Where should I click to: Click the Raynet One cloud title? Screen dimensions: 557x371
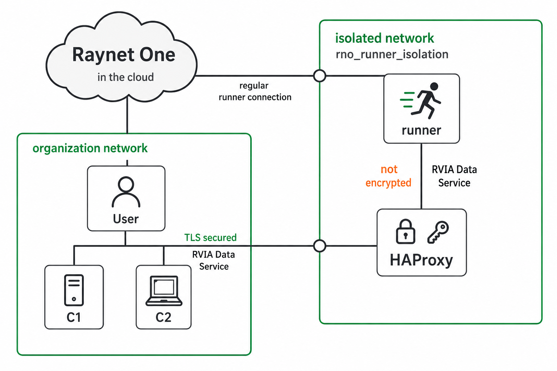pyautogui.click(x=124, y=55)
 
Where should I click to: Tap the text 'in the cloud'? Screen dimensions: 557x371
pyautogui.click(x=125, y=77)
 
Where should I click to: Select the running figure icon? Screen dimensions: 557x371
pyautogui.click(x=421, y=101)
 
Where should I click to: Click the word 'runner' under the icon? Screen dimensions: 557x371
pyautogui.click(x=421, y=130)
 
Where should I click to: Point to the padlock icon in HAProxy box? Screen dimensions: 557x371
pyautogui.click(x=405, y=232)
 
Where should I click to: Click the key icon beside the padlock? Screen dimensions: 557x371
pyautogui.click(x=438, y=232)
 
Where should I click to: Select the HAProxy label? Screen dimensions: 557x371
pyautogui.click(x=421, y=260)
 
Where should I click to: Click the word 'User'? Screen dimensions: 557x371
pyautogui.click(x=126, y=219)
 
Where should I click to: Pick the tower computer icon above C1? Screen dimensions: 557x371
pyautogui.click(x=74, y=290)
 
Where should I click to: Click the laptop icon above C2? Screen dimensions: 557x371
pyautogui.click(x=164, y=291)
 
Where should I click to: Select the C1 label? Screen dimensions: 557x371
pyautogui.click(x=74, y=317)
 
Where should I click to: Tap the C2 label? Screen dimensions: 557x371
pyautogui.click(x=164, y=317)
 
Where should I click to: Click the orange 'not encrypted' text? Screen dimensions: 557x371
pyautogui.click(x=388, y=176)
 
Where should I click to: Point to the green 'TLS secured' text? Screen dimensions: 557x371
pyautogui.click(x=210, y=238)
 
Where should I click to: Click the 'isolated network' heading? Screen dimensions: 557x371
pyautogui.click(x=384, y=38)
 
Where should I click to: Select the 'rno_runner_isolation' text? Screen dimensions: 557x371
pyautogui.click(x=392, y=54)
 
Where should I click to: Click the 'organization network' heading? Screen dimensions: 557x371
pyautogui.click(x=90, y=148)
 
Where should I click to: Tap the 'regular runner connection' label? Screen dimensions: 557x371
pyautogui.click(x=255, y=91)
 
